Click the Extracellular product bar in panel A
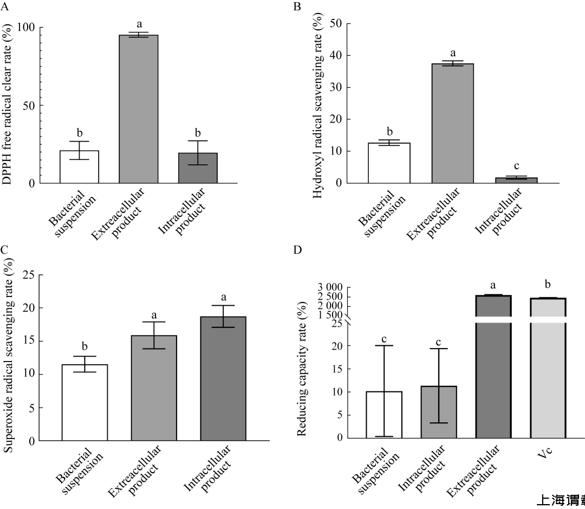[138, 108]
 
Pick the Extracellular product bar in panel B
[453, 123]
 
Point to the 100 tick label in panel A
[34, 28]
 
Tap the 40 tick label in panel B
[335, 55]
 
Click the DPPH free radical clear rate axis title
[8, 105]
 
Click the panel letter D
[297, 250]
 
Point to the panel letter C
[4, 250]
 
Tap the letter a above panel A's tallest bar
[139, 24]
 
